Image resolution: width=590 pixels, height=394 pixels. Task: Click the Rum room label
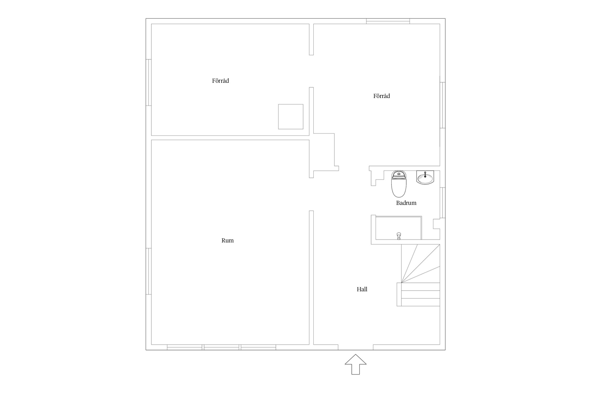tap(227, 240)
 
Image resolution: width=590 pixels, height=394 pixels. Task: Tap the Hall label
tap(362, 289)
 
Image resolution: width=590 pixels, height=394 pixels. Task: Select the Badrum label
tap(406, 203)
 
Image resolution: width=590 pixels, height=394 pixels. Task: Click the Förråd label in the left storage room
tap(220, 81)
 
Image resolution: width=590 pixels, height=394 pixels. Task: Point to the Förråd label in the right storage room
tap(382, 96)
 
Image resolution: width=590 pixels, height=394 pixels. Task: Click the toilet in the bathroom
tap(399, 184)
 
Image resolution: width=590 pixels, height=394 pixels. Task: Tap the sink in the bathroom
tap(425, 178)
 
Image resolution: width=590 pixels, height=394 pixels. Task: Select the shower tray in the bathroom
tap(399, 228)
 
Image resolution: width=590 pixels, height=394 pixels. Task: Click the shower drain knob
tap(399, 236)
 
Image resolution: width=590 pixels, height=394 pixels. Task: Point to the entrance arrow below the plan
tap(355, 364)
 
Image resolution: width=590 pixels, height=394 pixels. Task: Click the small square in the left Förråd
tap(291, 117)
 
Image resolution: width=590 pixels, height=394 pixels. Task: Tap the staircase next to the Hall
tap(418, 275)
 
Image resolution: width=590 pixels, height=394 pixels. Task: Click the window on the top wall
tap(388, 21)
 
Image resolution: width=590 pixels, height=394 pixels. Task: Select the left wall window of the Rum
tap(148, 271)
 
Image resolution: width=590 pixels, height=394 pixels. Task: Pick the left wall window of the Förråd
tap(148, 82)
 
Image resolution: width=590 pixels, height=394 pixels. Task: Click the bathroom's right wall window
tap(442, 203)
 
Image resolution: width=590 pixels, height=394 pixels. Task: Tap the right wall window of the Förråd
tap(442, 105)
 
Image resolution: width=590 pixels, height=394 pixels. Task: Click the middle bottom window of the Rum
tap(222, 347)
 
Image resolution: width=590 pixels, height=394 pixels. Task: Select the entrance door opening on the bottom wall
tap(355, 347)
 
